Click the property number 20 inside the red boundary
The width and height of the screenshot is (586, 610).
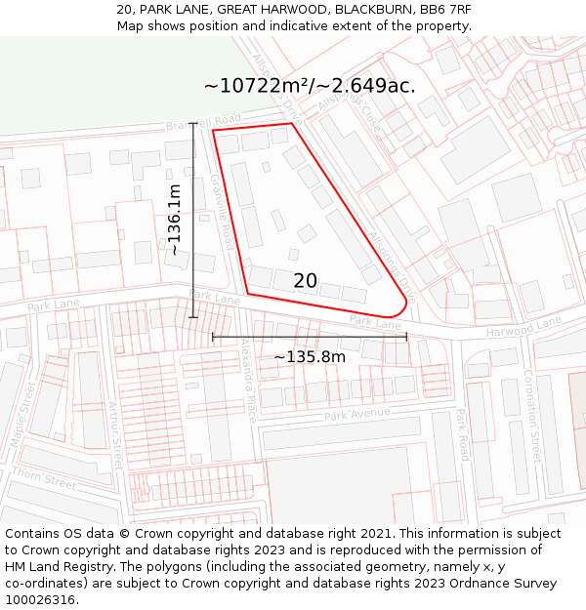click(305, 281)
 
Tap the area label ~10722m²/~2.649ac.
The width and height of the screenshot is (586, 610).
click(309, 86)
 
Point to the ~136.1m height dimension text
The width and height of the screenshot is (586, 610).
click(174, 220)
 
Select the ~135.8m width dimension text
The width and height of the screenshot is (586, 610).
click(310, 357)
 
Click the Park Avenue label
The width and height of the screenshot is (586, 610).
click(356, 414)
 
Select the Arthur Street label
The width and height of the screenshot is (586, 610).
click(116, 435)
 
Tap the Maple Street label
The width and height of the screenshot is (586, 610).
click(21, 427)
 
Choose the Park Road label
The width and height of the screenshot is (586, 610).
click(461, 435)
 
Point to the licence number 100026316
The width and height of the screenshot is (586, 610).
click(42, 599)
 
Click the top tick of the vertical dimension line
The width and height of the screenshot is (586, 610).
click(194, 123)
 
